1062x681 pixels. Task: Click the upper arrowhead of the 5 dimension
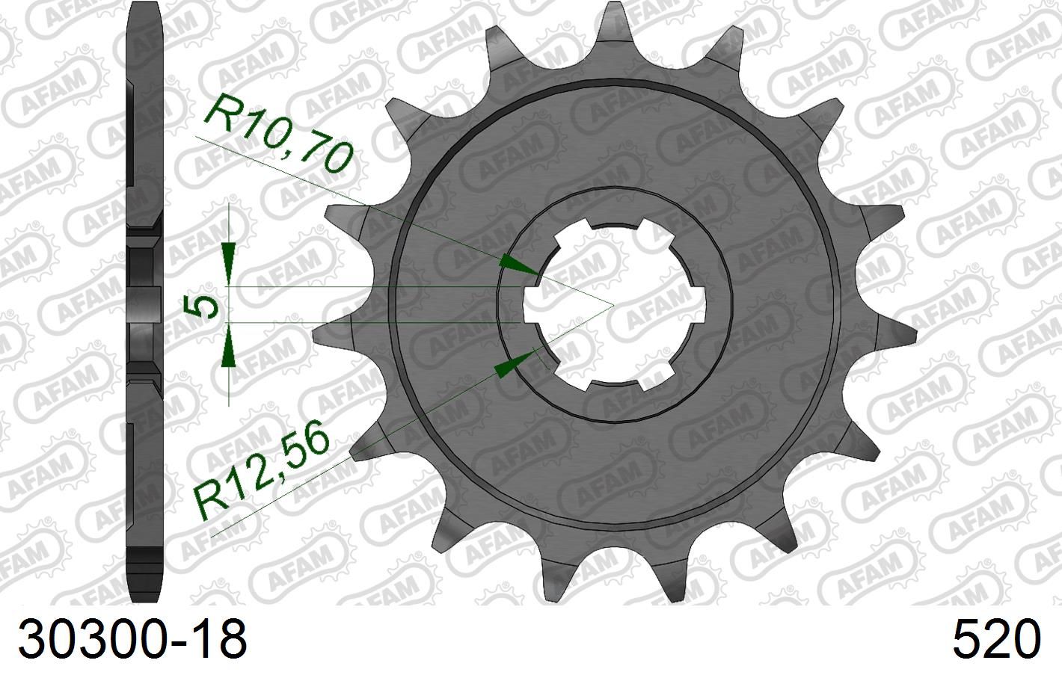(230, 254)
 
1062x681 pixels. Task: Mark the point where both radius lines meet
(613, 305)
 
